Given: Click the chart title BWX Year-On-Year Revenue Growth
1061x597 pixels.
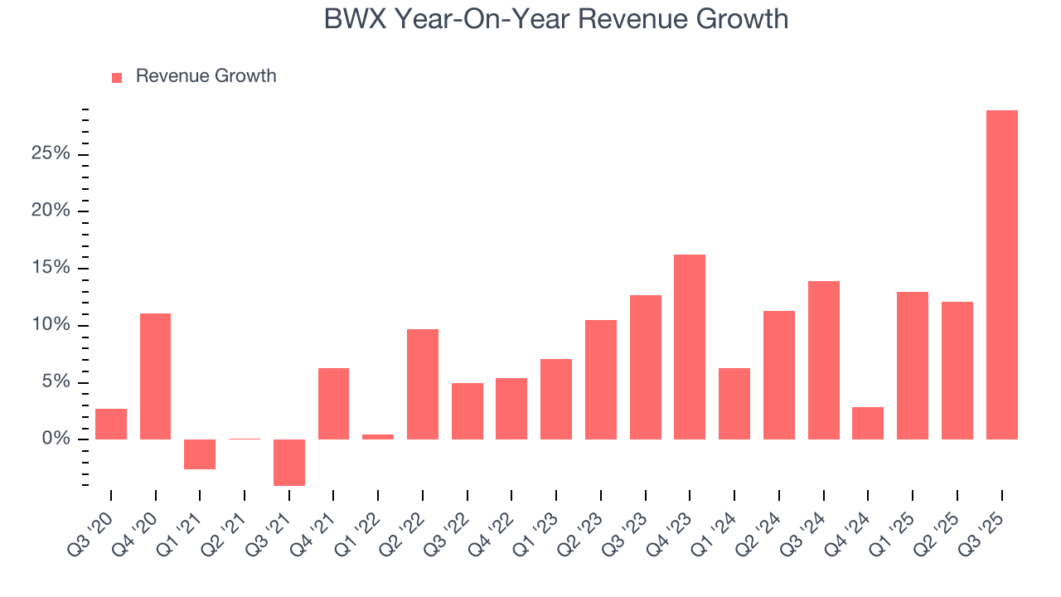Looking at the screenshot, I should (x=555, y=19).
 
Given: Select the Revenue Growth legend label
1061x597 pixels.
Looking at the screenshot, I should (x=206, y=76).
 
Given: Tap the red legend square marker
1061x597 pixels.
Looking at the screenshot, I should (x=117, y=77).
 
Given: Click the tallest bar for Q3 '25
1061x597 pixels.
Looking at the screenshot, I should (x=1001, y=274).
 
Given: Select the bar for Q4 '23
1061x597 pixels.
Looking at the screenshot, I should (x=690, y=347).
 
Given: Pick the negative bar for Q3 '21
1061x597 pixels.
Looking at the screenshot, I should (x=289, y=462).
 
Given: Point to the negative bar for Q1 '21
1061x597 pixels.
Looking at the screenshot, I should (x=200, y=454).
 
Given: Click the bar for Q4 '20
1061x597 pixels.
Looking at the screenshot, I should (x=155, y=376).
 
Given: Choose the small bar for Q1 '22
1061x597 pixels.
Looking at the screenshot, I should (x=378, y=436).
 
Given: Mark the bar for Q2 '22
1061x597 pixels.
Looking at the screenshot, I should (x=423, y=384).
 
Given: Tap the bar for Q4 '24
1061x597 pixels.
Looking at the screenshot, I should (x=868, y=423).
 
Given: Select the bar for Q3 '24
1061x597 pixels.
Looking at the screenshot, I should (x=823, y=360).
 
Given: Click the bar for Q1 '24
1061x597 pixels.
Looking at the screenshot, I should (x=734, y=403).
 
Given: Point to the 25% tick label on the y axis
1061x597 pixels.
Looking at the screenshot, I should (x=51, y=154).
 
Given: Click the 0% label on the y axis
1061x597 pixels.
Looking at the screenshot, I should (x=56, y=439).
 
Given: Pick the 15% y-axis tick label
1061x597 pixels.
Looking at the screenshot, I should (x=51, y=268).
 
